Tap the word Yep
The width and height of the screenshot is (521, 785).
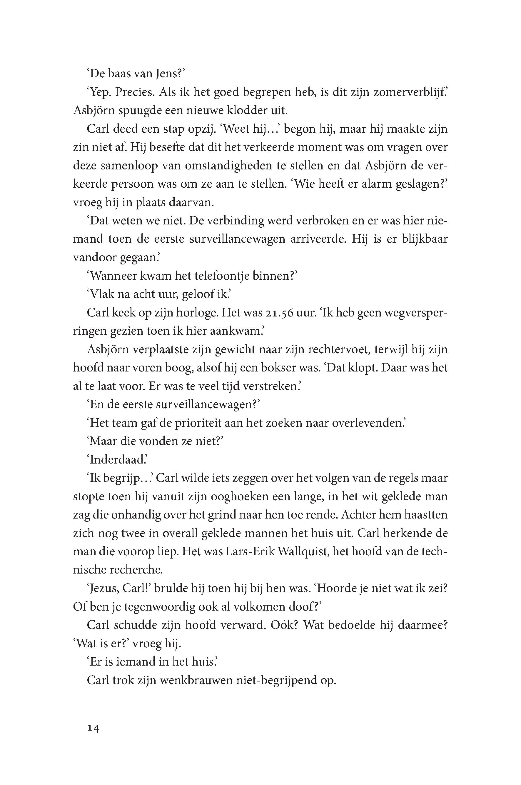coord(100,92)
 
